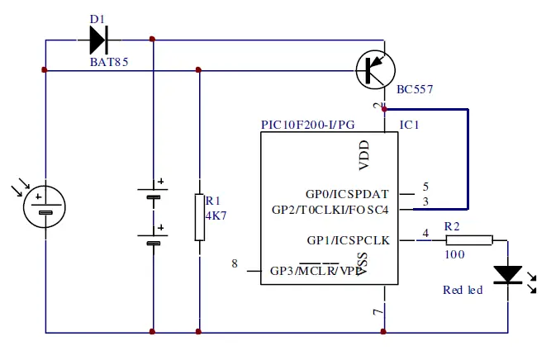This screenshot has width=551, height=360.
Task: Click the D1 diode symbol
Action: pyautogui.click(x=98, y=38)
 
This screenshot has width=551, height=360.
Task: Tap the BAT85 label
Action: pyautogui.click(x=109, y=62)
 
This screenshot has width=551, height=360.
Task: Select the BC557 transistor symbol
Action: pyautogui.click(x=376, y=71)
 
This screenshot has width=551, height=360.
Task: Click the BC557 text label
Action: pyautogui.click(x=415, y=89)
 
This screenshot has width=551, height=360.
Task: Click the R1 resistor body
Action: pyautogui.click(x=199, y=217)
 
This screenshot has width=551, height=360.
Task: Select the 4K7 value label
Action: pyautogui.click(x=216, y=215)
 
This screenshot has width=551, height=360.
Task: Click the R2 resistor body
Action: pyautogui.click(x=469, y=240)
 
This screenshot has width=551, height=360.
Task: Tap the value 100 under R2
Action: pyautogui.click(x=454, y=255)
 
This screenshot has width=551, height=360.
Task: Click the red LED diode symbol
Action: pyautogui.click(x=506, y=274)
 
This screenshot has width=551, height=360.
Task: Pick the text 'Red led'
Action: pyautogui.click(x=463, y=290)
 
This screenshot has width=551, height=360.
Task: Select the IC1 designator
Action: pyautogui.click(x=410, y=125)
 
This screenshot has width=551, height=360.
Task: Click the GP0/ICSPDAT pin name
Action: pyautogui.click(x=347, y=193)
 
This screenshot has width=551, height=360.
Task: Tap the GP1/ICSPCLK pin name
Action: pyautogui.click(x=348, y=240)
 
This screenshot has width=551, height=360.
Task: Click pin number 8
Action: pyautogui.click(x=235, y=264)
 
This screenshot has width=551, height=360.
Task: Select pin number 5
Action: pyautogui.click(x=425, y=187)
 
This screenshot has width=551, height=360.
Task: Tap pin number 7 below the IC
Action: pyautogui.click(x=378, y=312)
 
